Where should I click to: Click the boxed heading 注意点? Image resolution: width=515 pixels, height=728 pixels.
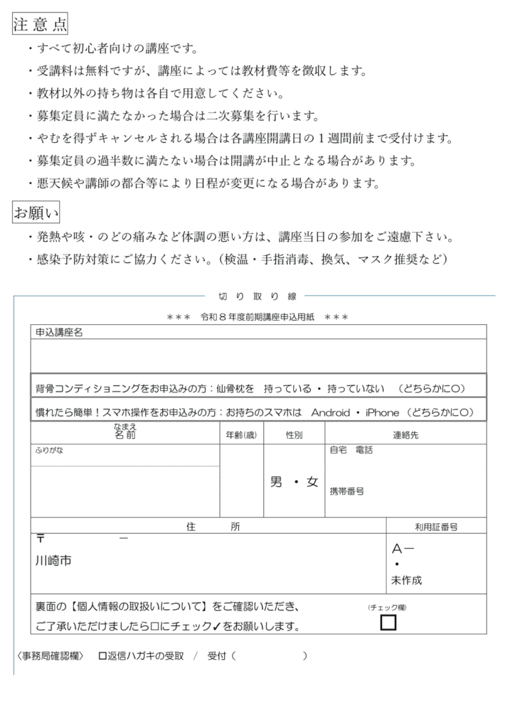[40, 24]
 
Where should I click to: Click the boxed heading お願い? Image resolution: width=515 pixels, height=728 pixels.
[36, 212]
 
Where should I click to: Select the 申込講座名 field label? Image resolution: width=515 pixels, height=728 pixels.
[60, 332]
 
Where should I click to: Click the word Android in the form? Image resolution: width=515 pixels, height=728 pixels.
[331, 412]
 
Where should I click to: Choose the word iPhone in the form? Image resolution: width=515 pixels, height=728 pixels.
[383, 412]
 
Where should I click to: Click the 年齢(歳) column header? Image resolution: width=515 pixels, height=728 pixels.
[241, 434]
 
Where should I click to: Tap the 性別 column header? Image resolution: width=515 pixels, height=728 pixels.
[294, 434]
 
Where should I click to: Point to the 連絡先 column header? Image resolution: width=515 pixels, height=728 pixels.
[405, 434]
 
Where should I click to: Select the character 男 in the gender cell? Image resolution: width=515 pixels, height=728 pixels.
[277, 482]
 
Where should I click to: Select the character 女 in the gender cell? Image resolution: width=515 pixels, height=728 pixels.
[312, 482]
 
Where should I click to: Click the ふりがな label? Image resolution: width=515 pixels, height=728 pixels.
[49, 451]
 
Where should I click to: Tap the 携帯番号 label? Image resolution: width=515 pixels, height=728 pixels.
[347, 491]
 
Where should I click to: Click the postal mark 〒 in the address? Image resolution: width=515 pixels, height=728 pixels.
[41, 539]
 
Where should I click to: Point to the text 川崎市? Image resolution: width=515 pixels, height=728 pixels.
[54, 561]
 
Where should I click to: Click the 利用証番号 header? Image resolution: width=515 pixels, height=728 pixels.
[436, 527]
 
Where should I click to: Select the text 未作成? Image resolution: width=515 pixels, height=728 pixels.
[406, 580]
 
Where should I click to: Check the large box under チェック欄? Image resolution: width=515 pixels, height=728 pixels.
[388, 623]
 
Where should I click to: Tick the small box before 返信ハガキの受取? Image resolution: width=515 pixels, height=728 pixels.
[102, 656]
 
